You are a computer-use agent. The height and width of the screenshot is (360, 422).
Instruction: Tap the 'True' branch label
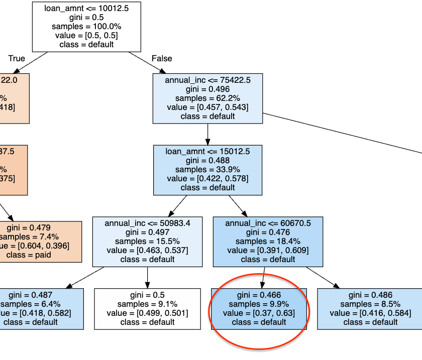pyautogui.click(x=17, y=58)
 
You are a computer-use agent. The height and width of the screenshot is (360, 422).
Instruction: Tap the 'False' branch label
pyautogui.click(x=162, y=58)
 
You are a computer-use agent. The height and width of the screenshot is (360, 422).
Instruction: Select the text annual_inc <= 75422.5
pyautogui.click(x=207, y=80)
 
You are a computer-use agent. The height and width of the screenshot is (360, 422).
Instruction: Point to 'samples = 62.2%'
pyautogui.click(x=207, y=98)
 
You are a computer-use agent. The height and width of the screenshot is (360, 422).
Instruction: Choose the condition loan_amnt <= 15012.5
pyautogui.click(x=207, y=151)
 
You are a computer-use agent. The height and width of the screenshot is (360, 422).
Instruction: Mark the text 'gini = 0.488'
pyautogui.click(x=207, y=160)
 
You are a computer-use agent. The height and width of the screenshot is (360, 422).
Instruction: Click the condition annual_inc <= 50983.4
pyautogui.click(x=147, y=223)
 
